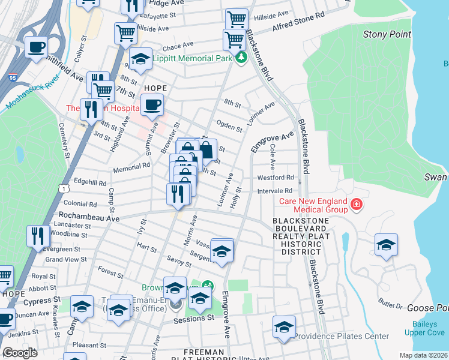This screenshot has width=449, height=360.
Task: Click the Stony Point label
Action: (387, 34)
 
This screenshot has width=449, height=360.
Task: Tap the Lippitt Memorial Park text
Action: (192, 58)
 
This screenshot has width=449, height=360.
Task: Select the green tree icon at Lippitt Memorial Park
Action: (241, 58)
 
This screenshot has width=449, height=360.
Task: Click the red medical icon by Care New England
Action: (357, 205)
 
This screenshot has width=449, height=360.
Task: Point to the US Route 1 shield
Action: (62, 188)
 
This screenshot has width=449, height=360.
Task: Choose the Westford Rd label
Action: (276, 178)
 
